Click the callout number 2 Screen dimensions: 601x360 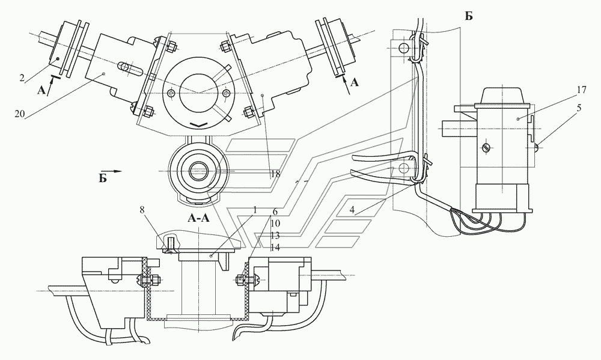(22, 79)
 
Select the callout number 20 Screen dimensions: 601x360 (20, 114)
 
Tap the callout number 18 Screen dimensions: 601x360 (276, 174)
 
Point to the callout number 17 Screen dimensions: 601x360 (581, 90)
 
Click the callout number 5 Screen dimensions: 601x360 (579, 108)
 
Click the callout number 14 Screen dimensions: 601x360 (275, 247)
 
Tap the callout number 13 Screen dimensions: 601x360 (275, 236)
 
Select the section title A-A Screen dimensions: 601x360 (198, 218)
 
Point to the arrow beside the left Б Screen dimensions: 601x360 (115, 171)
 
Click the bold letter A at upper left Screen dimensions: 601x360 (41, 90)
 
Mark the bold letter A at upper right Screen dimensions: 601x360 (355, 82)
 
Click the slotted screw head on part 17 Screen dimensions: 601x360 (486, 147)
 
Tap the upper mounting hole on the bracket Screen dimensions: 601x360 (403, 48)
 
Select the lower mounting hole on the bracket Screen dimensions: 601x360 (403, 168)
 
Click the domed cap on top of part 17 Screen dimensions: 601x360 (502, 95)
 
